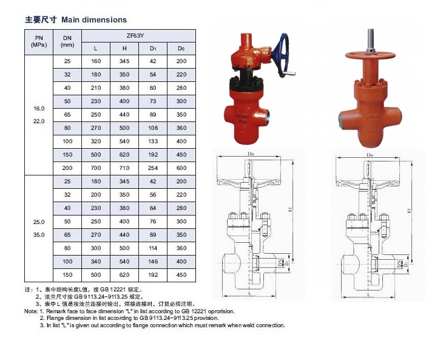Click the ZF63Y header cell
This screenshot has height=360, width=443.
point(138,36)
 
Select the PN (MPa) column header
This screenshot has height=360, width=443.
point(39,42)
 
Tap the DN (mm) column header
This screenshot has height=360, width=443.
point(67,42)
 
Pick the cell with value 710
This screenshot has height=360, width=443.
point(124,168)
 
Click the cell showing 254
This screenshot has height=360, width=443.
point(153,168)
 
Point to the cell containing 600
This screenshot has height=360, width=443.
point(181,168)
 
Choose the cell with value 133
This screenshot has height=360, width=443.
point(153,141)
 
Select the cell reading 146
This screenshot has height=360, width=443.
point(153,262)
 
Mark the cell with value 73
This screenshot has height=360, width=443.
point(153,101)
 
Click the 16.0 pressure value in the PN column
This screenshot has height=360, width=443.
point(39,109)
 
